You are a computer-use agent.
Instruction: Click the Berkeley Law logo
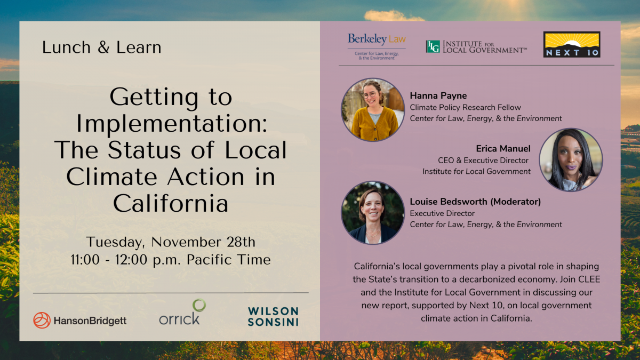click(377, 47)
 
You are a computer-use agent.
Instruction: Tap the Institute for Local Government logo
click(476, 47)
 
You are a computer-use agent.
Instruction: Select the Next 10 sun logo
click(572, 44)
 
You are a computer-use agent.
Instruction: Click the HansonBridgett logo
click(79, 321)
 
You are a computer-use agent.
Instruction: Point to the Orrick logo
click(182, 312)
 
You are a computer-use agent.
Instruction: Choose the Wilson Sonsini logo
click(273, 317)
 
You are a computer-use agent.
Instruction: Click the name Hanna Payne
click(438, 95)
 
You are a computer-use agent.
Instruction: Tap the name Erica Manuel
click(503, 149)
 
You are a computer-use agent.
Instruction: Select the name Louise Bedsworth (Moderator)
click(475, 202)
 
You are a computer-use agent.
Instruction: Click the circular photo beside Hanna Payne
click(373, 110)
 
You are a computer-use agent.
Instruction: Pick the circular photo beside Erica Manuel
click(571, 159)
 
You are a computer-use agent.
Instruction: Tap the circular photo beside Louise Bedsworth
click(373, 213)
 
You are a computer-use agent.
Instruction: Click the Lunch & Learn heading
click(102, 47)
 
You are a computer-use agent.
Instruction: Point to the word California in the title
click(171, 203)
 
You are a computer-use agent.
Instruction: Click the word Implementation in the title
click(171, 124)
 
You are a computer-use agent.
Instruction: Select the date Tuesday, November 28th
click(171, 242)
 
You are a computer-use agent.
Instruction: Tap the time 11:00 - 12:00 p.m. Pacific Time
click(171, 260)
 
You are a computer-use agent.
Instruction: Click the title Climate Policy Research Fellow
click(466, 107)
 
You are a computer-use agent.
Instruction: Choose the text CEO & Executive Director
click(483, 161)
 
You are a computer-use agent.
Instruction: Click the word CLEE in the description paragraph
click(589, 279)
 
